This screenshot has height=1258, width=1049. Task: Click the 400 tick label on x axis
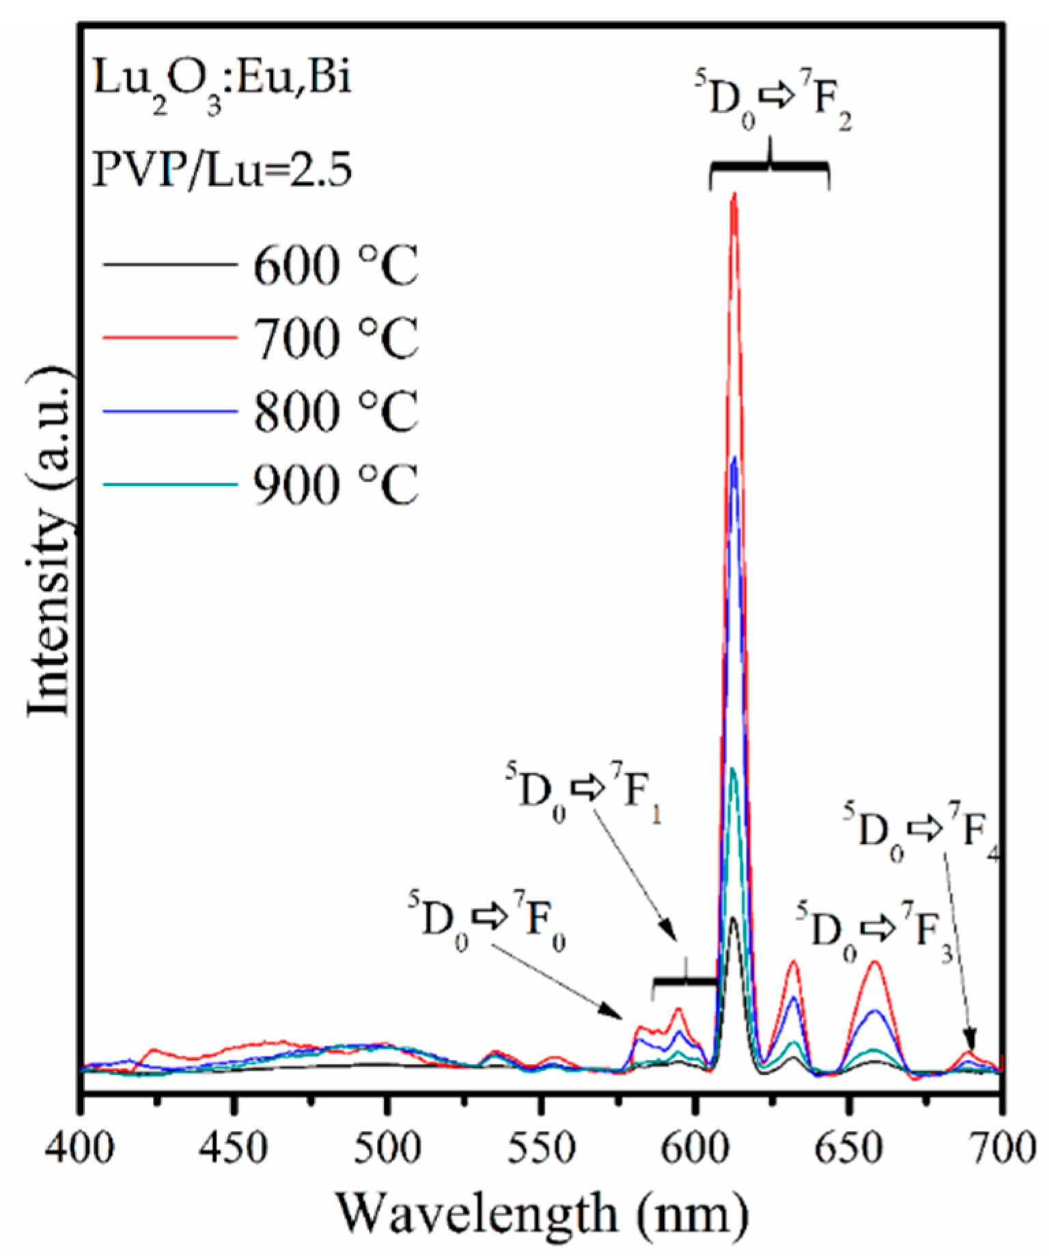80,1149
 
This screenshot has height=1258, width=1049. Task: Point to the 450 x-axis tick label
234,1149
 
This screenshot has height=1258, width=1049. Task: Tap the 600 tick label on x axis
694,1149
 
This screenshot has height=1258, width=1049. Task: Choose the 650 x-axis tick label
848,1149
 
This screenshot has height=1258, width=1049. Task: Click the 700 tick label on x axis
1001,1149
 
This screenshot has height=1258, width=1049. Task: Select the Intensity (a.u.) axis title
49,543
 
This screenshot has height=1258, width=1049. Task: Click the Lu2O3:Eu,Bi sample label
222,82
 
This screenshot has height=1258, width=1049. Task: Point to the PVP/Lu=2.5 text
222,169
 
